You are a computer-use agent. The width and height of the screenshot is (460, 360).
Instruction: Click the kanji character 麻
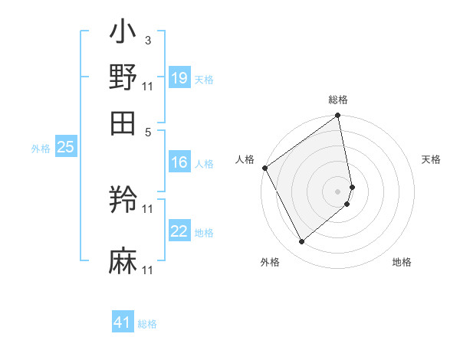pos(123,261)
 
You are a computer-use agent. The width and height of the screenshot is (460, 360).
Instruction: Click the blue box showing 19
pos(179,78)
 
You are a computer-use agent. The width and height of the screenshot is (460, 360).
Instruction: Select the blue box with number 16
pos(179,162)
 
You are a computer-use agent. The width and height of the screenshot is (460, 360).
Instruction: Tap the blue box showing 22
pos(179,232)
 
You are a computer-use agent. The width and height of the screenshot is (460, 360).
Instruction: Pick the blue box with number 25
pos(65,148)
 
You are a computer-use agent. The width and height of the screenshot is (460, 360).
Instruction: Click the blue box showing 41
pos(123,323)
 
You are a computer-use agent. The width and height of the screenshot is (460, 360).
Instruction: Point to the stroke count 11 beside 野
pos(148,86)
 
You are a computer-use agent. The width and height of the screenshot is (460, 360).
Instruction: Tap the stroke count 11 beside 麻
pos(148,270)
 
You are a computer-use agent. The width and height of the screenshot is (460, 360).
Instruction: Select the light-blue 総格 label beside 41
pos(147,324)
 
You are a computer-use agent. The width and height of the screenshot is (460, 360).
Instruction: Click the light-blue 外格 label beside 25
pos(41,149)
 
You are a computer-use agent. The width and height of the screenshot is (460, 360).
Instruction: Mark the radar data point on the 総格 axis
pos(338,117)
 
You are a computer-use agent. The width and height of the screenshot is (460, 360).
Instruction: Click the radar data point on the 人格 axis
pos(264,168)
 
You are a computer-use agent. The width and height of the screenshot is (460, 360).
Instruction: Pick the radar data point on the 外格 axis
pos(301,242)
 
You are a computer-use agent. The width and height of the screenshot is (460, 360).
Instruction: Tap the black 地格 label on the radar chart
pos(402,262)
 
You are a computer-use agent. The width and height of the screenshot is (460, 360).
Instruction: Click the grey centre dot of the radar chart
pos(338,191)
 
